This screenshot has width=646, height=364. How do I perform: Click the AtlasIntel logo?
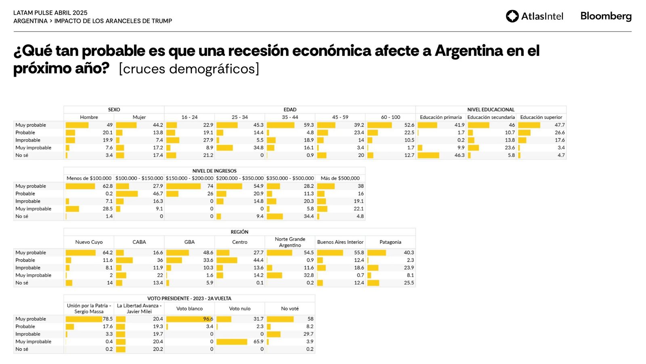click(x=535, y=16)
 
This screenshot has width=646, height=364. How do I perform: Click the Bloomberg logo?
click(x=606, y=16)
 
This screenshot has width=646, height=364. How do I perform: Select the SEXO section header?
click(x=114, y=110)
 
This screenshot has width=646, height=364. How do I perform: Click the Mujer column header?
click(x=139, y=117)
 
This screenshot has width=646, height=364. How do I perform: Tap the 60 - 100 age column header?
click(x=390, y=117)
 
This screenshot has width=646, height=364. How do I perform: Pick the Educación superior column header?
click(x=541, y=117)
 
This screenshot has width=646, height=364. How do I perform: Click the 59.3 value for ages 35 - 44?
click(x=308, y=125)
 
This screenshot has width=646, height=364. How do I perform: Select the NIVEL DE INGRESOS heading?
click(x=214, y=171)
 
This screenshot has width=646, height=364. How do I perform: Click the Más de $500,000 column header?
click(x=340, y=178)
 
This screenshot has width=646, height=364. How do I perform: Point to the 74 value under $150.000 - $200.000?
click(x=210, y=186)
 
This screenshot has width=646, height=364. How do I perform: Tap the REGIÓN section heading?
click(x=239, y=232)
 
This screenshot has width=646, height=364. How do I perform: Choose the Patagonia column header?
click(x=390, y=242)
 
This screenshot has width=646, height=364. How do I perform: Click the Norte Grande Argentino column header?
click(x=290, y=242)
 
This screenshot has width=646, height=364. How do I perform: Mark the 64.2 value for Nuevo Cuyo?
click(x=107, y=253)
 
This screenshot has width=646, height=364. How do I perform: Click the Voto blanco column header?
click(x=189, y=309)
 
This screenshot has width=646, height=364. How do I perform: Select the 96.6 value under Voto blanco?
click(x=208, y=319)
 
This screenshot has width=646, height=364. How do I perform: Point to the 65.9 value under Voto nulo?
click(x=258, y=342)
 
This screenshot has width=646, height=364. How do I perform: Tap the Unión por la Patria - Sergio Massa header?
click(x=89, y=309)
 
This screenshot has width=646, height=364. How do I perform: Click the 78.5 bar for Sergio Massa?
click(x=84, y=319)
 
